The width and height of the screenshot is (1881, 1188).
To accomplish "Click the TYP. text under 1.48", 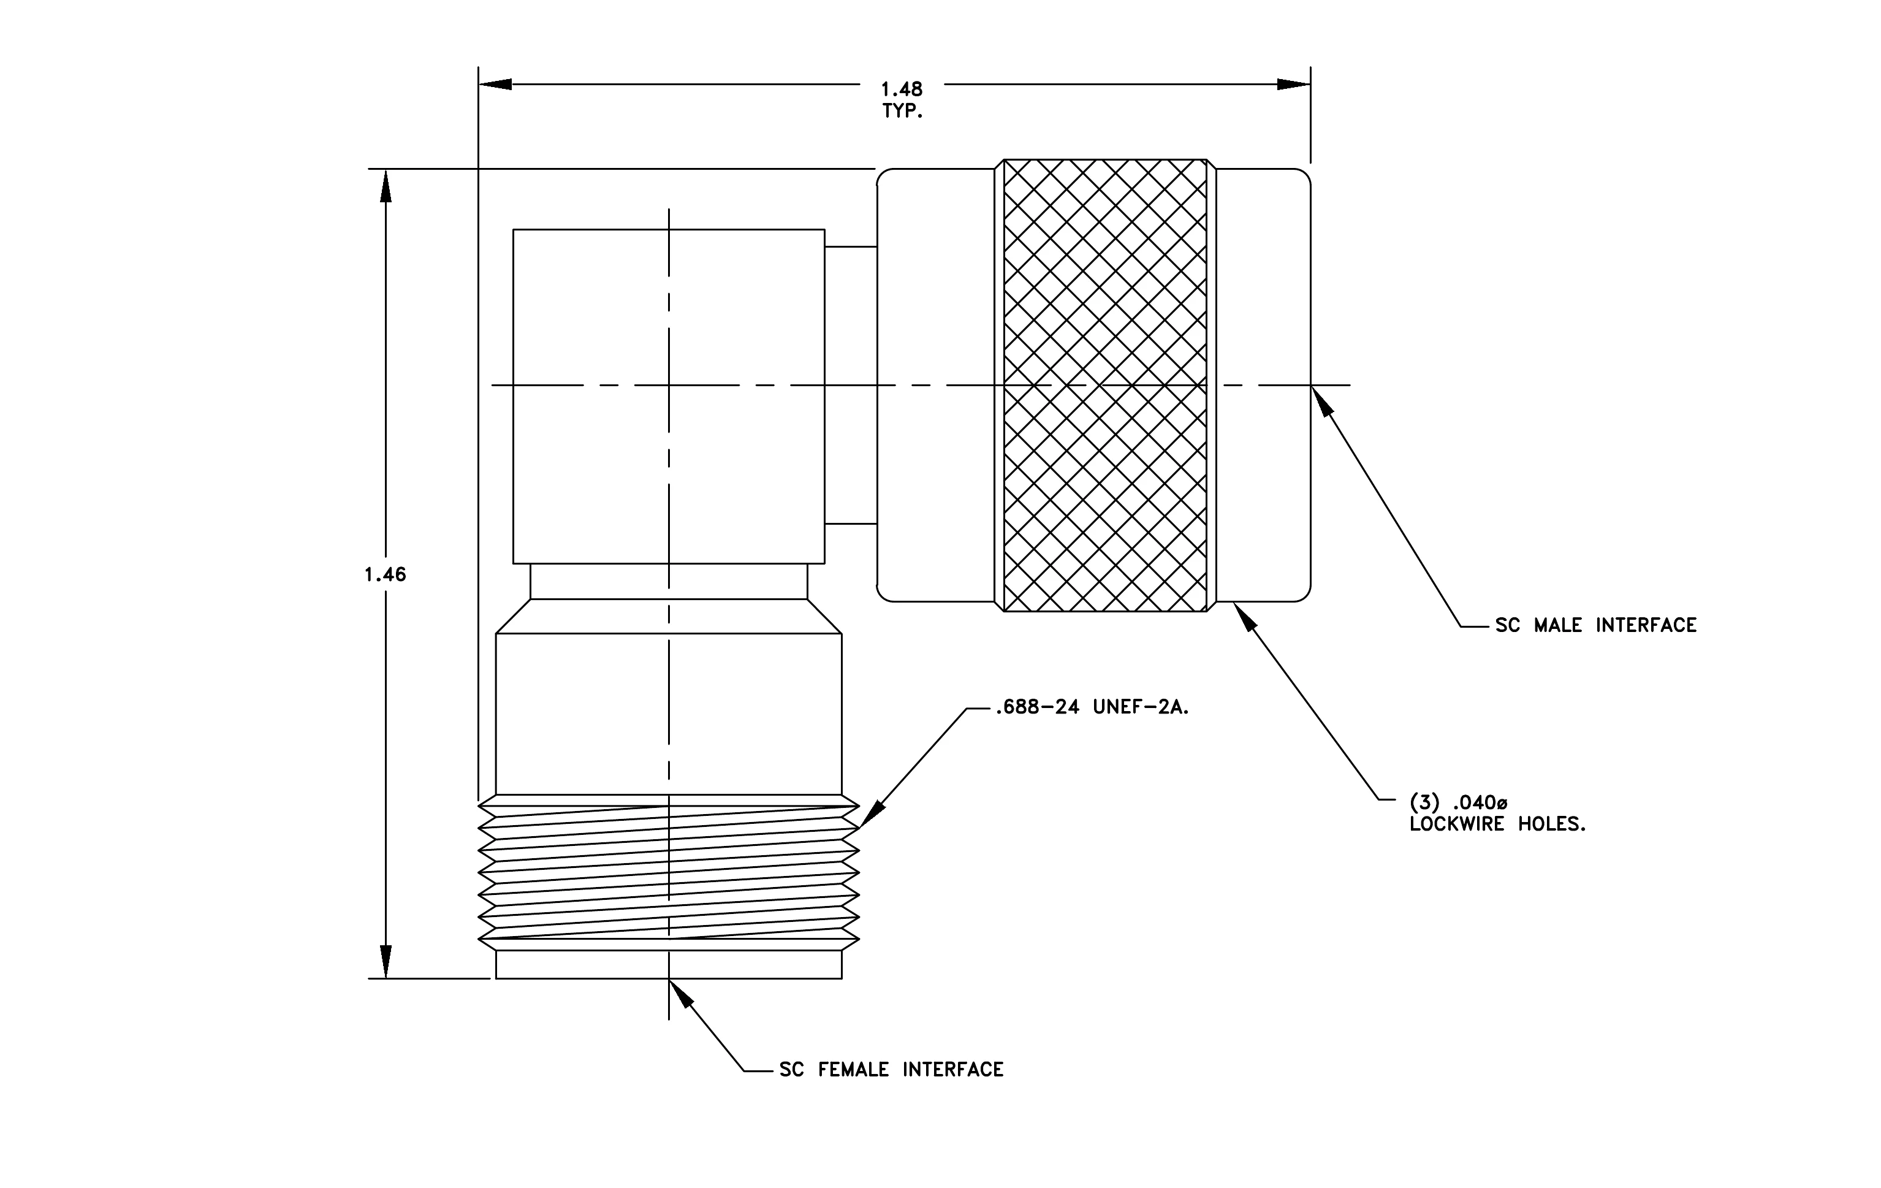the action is pos(902,111).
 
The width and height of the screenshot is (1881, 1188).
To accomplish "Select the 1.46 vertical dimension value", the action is pos(385,575).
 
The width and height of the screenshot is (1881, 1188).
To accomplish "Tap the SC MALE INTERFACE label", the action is pos(1596,625).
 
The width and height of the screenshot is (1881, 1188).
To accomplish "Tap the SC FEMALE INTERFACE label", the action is pos(891,1069).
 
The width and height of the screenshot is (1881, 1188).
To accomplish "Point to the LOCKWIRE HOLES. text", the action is pos(1497,824).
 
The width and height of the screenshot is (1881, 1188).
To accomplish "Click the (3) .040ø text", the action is pos(1458,802).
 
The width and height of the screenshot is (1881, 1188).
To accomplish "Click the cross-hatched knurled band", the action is pos(1104,385).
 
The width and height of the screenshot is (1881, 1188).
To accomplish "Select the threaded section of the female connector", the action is pos(669,872).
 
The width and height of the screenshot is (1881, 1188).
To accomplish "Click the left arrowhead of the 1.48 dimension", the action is pos(495,85).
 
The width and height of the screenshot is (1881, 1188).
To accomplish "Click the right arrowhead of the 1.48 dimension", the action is pos(1294,85).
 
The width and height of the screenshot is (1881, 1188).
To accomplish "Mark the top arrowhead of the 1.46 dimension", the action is pos(385,186).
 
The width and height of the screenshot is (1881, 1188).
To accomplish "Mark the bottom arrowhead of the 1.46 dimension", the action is pos(385,961).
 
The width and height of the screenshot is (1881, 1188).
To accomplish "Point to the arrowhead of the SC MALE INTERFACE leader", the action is pos(1320,401).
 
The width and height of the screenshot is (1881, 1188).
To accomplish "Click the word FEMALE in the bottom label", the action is pos(853,1069).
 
